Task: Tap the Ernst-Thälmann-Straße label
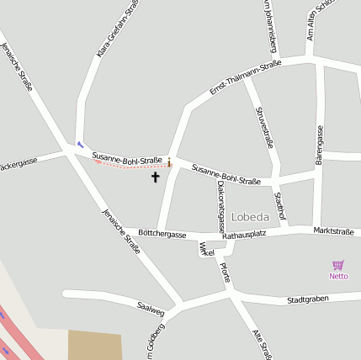[x=245, y=77]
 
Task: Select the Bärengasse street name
[x=320, y=142]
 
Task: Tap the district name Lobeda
[x=248, y=216]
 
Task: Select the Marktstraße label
[x=333, y=230]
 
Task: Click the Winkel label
[x=206, y=251]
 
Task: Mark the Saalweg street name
[x=151, y=312]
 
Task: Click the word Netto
[x=338, y=276]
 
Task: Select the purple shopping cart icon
[x=338, y=265]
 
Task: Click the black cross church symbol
[x=155, y=177]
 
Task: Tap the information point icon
[x=169, y=161]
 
